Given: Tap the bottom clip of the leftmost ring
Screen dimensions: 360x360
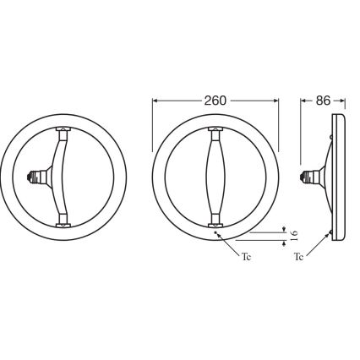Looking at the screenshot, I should point(64,224).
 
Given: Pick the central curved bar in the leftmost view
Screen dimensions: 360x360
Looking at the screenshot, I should point(63,178).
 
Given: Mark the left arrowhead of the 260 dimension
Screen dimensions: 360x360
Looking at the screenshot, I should point(155,99).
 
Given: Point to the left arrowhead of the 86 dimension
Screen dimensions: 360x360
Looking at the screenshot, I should point(304,99).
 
